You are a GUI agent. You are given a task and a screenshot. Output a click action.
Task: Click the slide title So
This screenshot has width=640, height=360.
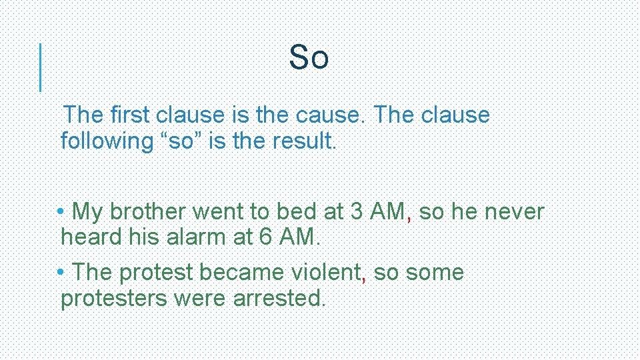click(309, 57)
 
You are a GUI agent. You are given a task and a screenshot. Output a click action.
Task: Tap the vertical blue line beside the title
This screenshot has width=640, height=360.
click(41, 67)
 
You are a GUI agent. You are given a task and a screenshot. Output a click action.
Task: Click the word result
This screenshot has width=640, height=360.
click(304, 141)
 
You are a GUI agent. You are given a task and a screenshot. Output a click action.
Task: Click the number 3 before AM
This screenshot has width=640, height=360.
click(357, 212)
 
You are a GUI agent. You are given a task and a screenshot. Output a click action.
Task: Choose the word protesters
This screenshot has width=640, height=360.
click(114, 299)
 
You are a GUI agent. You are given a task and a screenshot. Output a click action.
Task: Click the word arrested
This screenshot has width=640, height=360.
click(279, 299)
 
